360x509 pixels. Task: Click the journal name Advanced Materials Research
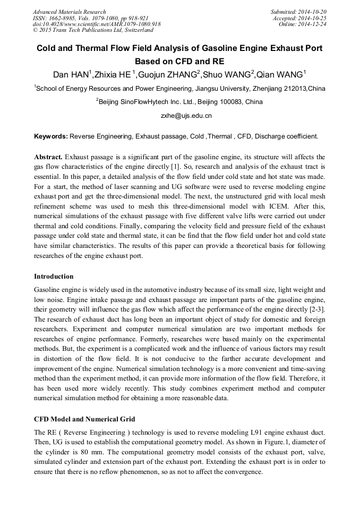pos(69,12)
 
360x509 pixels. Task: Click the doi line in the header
pos(97,24)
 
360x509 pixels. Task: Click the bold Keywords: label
pos(51,136)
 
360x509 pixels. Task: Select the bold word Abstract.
pos(48,157)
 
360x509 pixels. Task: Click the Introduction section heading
pos(54,277)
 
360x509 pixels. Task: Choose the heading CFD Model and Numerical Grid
pos(84,419)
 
